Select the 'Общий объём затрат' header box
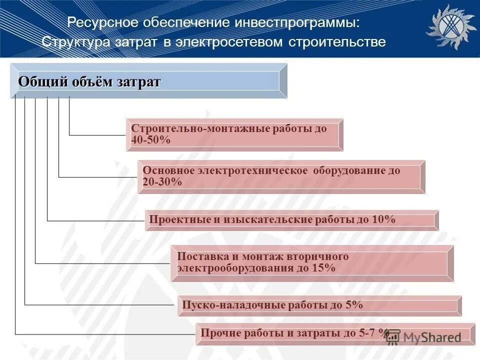click(x=148, y=81)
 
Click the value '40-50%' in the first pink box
click(x=151, y=140)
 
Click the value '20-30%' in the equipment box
click(x=162, y=182)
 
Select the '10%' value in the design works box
click(x=383, y=219)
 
